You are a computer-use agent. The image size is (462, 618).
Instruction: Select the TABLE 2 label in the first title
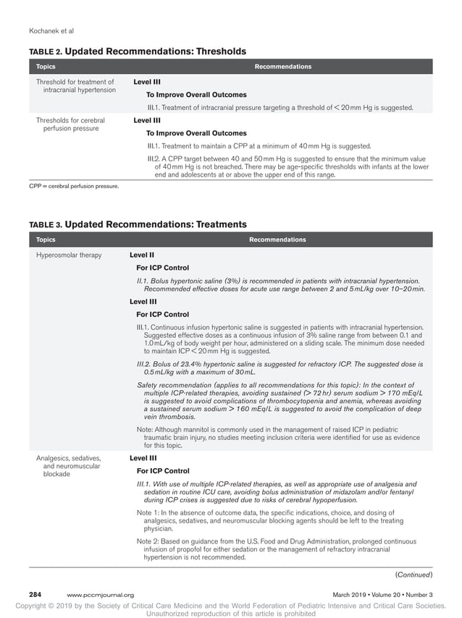[46, 52]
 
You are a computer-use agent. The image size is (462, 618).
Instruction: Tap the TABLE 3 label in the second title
[46, 225]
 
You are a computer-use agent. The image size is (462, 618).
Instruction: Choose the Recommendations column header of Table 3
[277, 240]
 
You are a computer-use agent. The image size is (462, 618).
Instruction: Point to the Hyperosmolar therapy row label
[69, 255]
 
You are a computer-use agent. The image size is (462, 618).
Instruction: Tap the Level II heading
[142, 255]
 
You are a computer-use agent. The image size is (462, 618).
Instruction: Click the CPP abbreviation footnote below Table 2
[73, 186]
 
